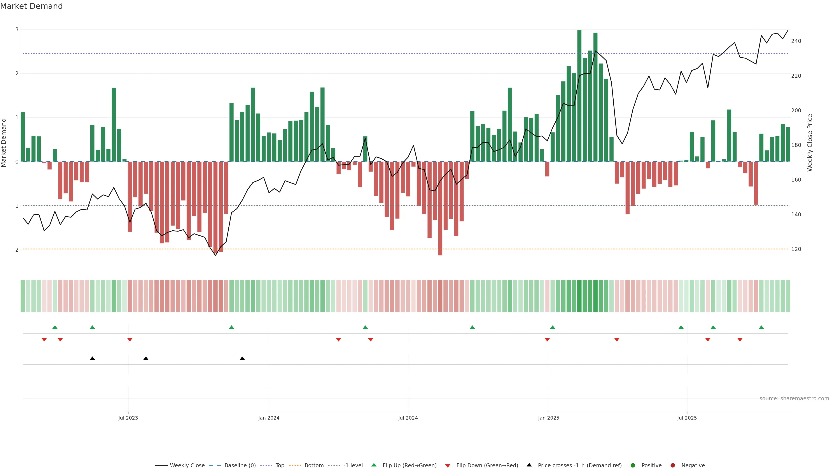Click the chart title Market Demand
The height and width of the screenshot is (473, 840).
click(x=31, y=6)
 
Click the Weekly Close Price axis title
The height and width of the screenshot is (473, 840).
click(x=810, y=143)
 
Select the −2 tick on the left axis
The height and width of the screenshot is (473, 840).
click(x=15, y=250)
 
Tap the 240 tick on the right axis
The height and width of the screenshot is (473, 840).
click(x=796, y=41)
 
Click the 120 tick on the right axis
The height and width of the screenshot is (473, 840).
click(x=796, y=249)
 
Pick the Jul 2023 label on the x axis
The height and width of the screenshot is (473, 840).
click(x=128, y=418)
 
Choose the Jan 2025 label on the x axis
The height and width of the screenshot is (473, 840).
click(x=548, y=418)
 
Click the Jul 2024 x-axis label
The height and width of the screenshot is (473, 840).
click(x=408, y=418)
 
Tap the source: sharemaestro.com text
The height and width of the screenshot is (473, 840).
click(x=794, y=399)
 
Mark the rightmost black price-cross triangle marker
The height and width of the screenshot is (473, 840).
click(x=242, y=358)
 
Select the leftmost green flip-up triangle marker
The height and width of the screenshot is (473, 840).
click(x=55, y=327)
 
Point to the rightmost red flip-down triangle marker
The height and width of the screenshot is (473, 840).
click(x=740, y=340)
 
